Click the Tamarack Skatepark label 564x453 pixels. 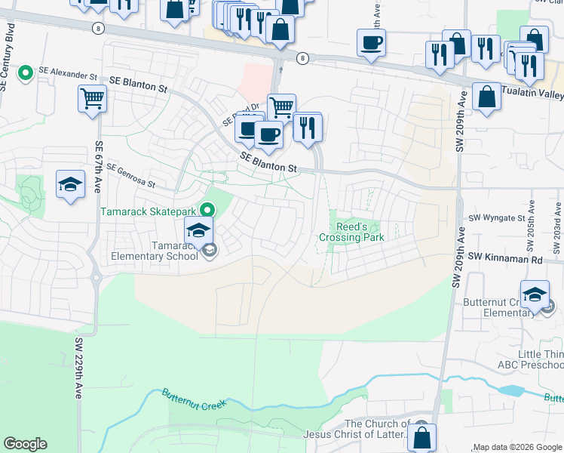point(149,210)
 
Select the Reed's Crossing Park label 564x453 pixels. point(351,233)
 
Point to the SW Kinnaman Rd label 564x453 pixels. point(504,259)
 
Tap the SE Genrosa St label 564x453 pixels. point(130,176)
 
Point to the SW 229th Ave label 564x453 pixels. point(78,368)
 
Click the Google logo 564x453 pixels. point(25,444)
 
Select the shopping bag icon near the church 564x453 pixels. point(422,437)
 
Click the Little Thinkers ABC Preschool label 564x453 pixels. point(541,359)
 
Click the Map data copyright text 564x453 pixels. point(517,447)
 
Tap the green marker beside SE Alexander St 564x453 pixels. point(26,73)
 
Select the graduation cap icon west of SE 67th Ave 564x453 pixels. point(70,184)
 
